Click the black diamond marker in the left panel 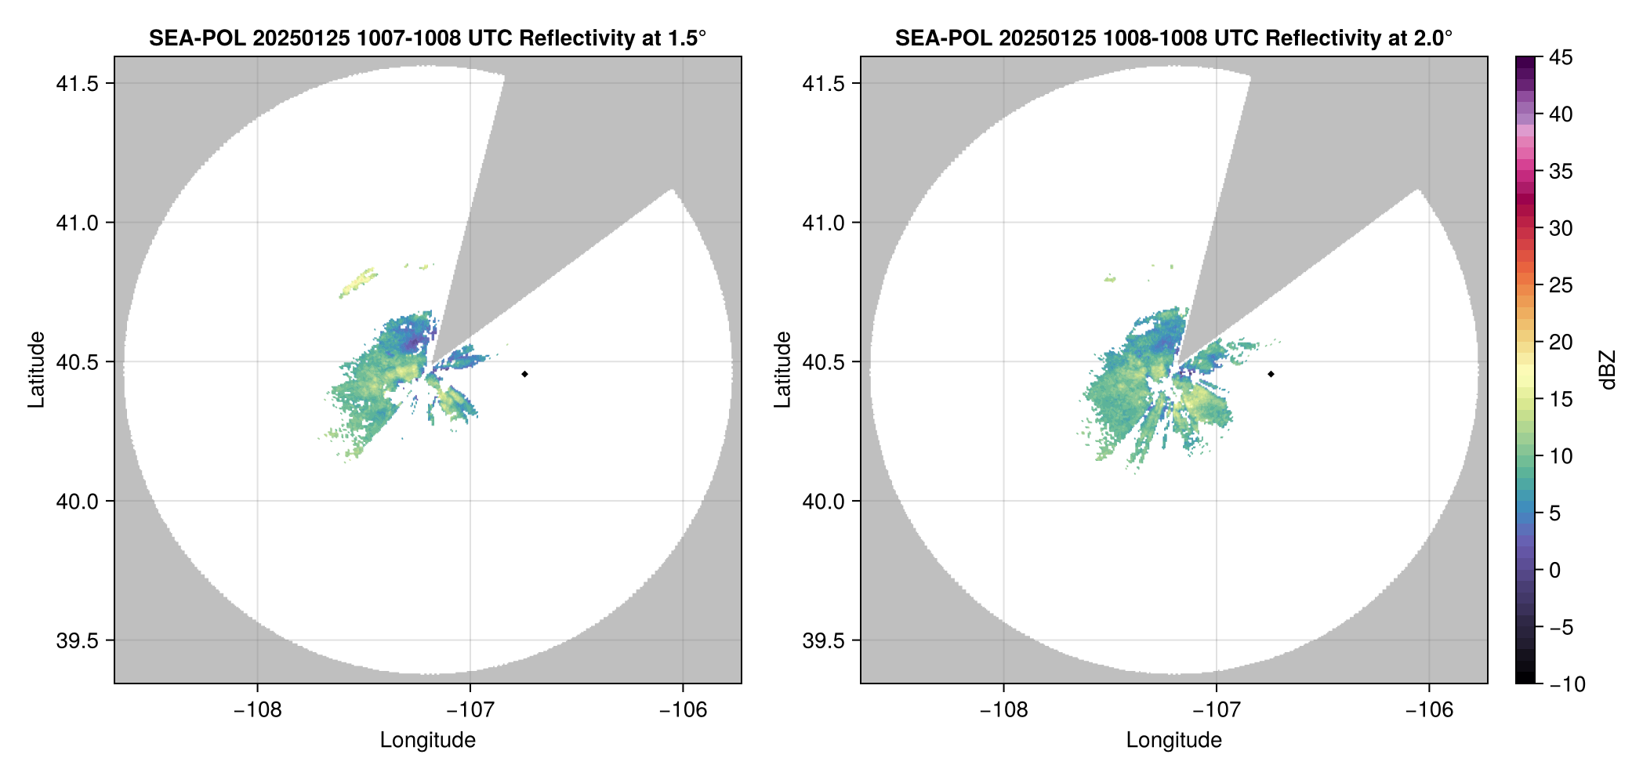pos(524,374)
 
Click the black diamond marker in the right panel pos(1271,374)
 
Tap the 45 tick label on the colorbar pos(1561,57)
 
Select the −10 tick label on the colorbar pos(1567,684)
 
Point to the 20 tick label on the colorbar pos(1561,343)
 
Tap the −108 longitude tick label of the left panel pos(257,710)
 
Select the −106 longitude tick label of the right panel pos(1429,710)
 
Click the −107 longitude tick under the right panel pos(1217,710)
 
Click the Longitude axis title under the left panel pos(428,740)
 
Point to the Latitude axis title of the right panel pos(782,370)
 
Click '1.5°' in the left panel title pos(686,38)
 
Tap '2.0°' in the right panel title pos(1432,38)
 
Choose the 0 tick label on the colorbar pos(1555,571)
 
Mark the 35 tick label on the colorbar pos(1561,172)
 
